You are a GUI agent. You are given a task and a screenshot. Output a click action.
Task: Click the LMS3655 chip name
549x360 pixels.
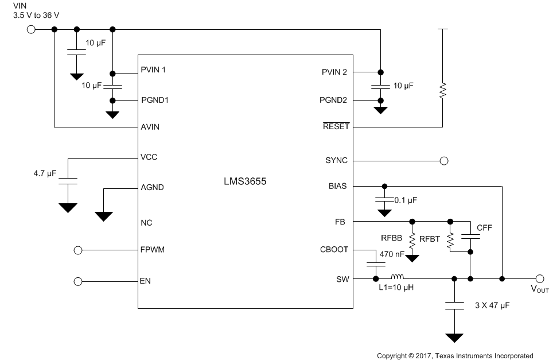[245, 181]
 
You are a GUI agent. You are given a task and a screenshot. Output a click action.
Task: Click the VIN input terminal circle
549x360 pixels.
[31, 29]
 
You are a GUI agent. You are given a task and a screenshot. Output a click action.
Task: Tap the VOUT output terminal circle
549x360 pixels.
[539, 278]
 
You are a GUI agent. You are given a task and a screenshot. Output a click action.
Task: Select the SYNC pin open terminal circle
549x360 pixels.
[443, 161]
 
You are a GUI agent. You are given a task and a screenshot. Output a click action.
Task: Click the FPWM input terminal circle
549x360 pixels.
[79, 250]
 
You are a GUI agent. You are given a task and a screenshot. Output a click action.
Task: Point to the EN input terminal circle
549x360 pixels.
[79, 281]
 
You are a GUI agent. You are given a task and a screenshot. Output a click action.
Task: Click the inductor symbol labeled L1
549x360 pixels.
[398, 276]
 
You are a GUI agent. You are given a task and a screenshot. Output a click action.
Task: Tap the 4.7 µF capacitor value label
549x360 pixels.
[45, 173]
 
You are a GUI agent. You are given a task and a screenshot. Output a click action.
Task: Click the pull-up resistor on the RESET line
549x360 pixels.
[443, 91]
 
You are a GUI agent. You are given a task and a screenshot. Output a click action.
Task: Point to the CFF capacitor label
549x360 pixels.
[484, 228]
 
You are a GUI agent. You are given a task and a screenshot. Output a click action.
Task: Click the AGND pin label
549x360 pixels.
[153, 187]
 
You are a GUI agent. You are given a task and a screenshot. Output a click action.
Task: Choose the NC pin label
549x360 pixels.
[146, 222]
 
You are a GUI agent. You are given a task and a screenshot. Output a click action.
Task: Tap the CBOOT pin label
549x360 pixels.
[334, 250]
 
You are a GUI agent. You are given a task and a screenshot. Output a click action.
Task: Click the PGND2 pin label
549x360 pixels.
[333, 100]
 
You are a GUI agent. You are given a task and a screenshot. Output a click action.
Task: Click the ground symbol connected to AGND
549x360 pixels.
[104, 215]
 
